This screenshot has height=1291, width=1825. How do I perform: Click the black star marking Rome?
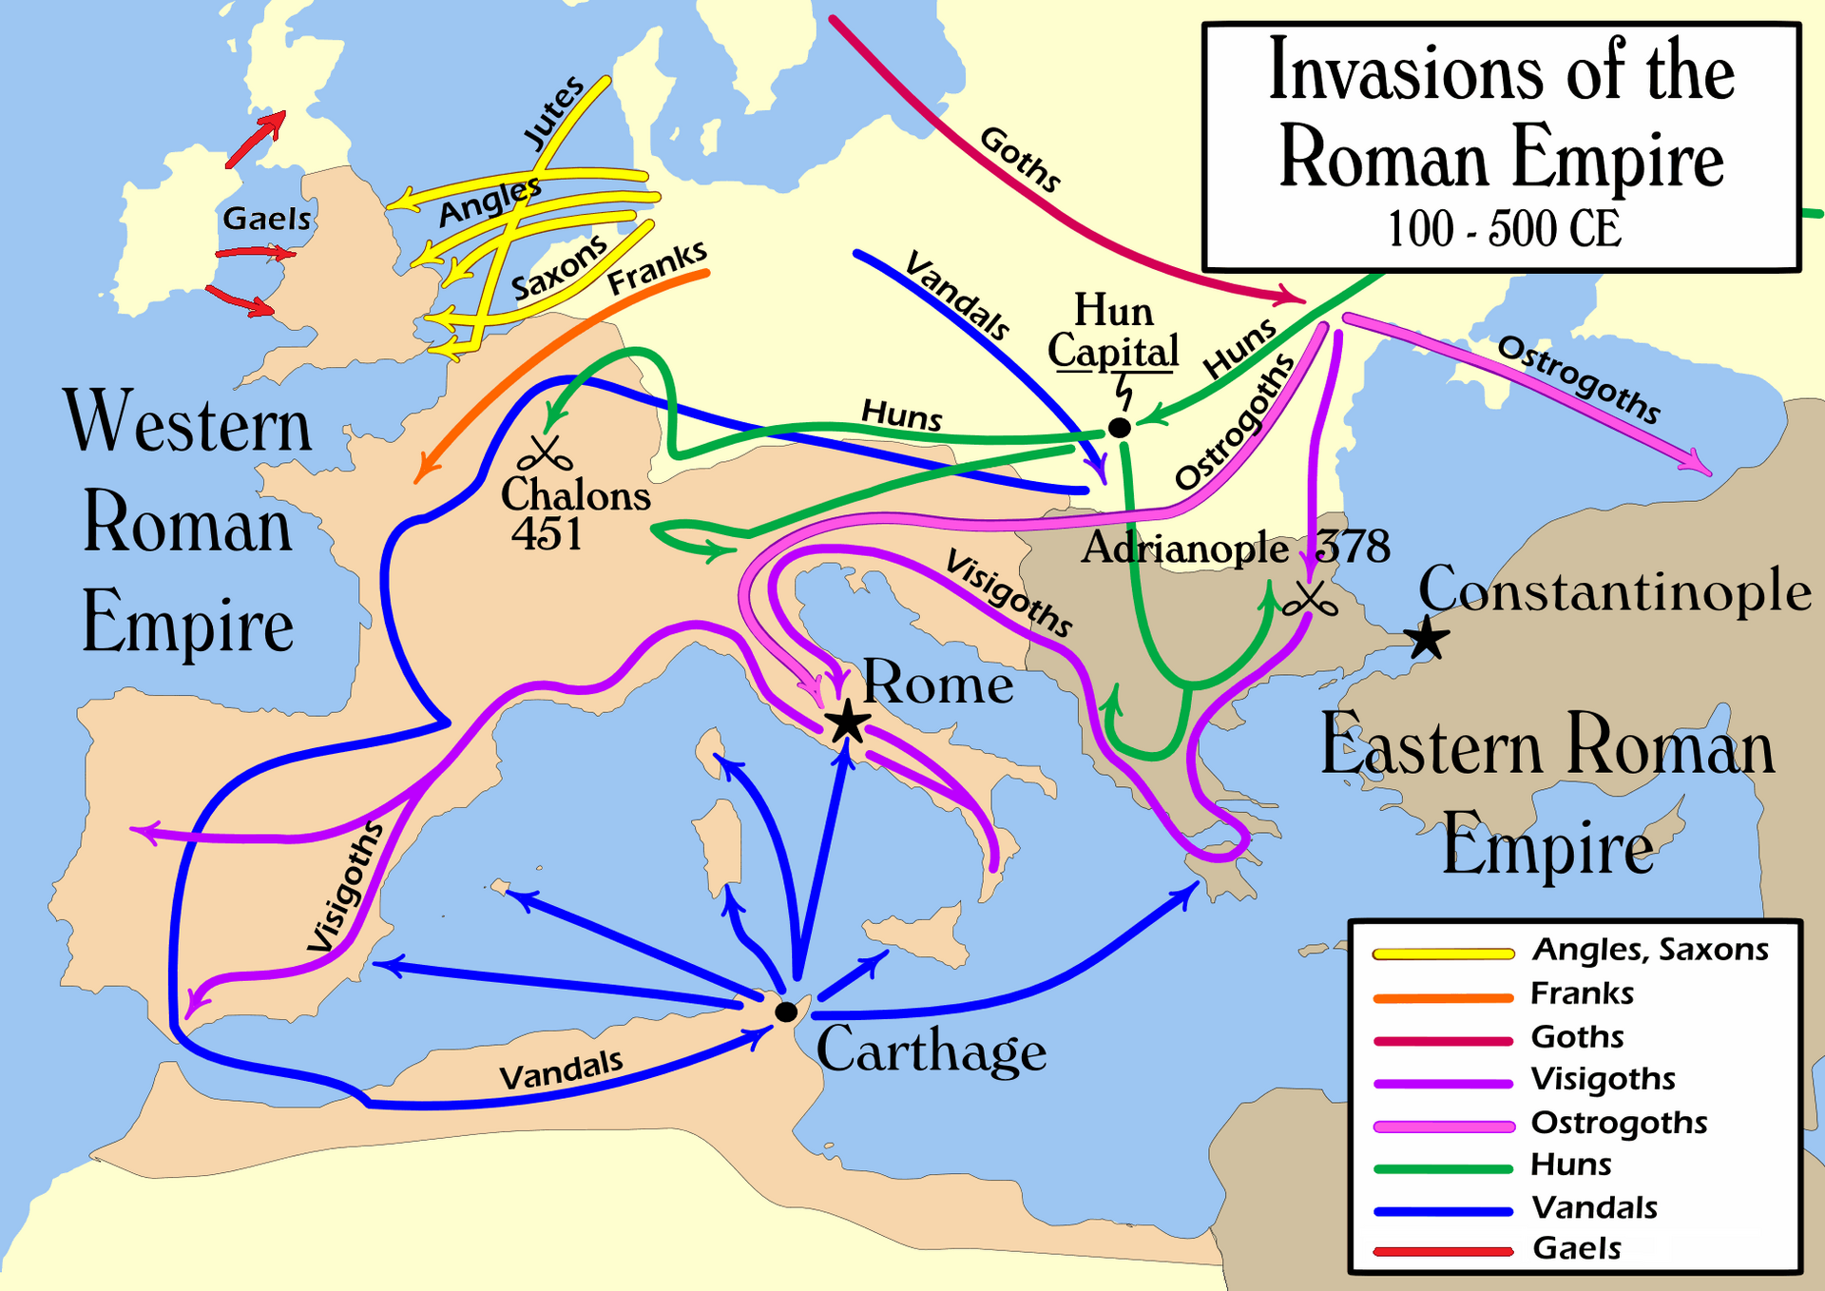(847, 723)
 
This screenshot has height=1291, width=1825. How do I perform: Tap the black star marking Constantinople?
(1427, 638)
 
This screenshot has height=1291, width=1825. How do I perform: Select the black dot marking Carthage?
(786, 1012)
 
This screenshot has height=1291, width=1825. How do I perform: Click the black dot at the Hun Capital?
(1120, 428)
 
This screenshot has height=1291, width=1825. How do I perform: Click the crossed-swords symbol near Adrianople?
(1310, 601)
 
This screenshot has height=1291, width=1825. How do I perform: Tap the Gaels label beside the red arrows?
(266, 219)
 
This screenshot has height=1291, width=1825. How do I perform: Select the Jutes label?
(554, 112)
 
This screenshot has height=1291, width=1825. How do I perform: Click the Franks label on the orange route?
(658, 267)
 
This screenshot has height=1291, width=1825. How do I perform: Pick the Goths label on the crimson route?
(1020, 159)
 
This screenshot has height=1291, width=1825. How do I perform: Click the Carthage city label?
(932, 1050)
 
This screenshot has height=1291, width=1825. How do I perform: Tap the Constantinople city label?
(1615, 590)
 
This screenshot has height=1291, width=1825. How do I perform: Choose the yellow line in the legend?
(1443, 954)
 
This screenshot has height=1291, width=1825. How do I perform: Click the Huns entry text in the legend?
(1571, 1165)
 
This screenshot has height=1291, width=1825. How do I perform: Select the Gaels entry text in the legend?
(1577, 1248)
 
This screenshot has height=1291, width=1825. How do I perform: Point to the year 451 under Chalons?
(547, 534)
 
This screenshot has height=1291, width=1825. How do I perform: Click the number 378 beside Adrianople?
(1354, 547)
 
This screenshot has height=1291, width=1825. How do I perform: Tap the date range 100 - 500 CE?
(1504, 229)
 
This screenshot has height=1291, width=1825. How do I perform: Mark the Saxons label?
(559, 267)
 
